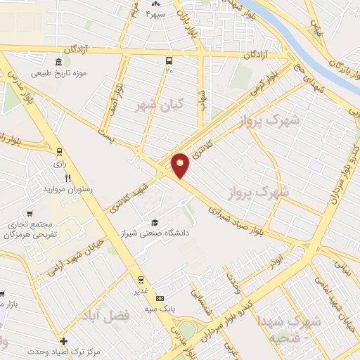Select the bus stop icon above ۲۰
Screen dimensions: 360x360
pos(169,60)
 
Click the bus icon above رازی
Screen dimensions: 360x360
pos(59,152)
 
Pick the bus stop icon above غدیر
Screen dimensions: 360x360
pos(141,278)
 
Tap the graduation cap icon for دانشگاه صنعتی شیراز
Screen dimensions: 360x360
pos(154,221)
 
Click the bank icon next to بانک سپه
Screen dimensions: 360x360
pos(160,297)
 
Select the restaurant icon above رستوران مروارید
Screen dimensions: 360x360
pos(67,178)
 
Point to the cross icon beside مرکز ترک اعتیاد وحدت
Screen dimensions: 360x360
pos(63,341)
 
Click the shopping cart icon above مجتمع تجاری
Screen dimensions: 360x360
pos(30,213)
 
